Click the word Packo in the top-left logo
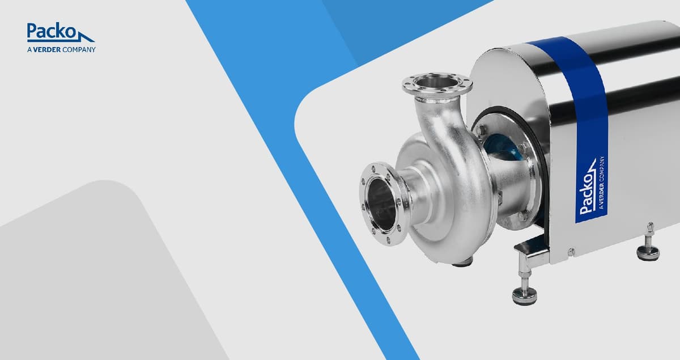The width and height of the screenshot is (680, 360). (51, 31)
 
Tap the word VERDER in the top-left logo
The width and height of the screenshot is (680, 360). (47, 49)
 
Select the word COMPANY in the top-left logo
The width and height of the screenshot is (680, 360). (79, 49)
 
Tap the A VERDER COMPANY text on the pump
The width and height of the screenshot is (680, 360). (602, 183)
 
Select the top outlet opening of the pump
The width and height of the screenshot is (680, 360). (436, 82)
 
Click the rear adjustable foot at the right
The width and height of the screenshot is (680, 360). (648, 248)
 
